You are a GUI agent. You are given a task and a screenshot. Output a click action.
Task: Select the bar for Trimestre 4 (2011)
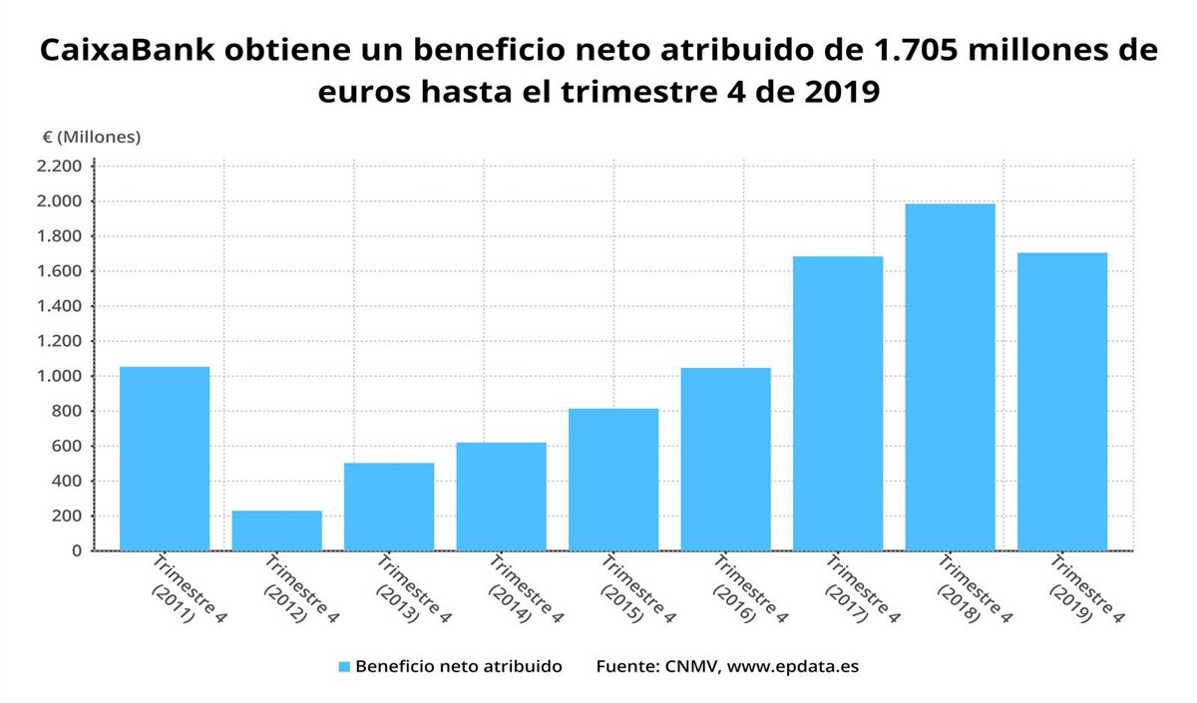[165, 459]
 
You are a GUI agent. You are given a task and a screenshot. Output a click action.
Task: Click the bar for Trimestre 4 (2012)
[276, 530]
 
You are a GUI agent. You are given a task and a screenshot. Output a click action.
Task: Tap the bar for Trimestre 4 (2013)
[389, 507]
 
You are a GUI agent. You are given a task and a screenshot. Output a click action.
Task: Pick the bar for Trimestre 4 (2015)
[613, 480]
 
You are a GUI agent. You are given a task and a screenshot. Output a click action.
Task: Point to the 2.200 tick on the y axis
[59, 166]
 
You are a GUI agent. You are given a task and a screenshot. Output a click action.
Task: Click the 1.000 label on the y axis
[59, 376]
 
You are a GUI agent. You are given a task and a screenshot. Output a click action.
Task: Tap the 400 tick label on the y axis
[64, 481]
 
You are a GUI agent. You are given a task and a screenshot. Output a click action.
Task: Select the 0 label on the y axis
[76, 550]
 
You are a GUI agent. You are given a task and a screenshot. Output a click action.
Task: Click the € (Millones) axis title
[91, 137]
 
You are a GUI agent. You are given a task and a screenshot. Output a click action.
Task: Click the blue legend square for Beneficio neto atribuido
[343, 666]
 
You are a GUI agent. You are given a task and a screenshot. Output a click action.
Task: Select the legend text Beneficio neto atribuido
[458, 666]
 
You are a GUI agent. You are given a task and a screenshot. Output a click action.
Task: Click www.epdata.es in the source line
[792, 666]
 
